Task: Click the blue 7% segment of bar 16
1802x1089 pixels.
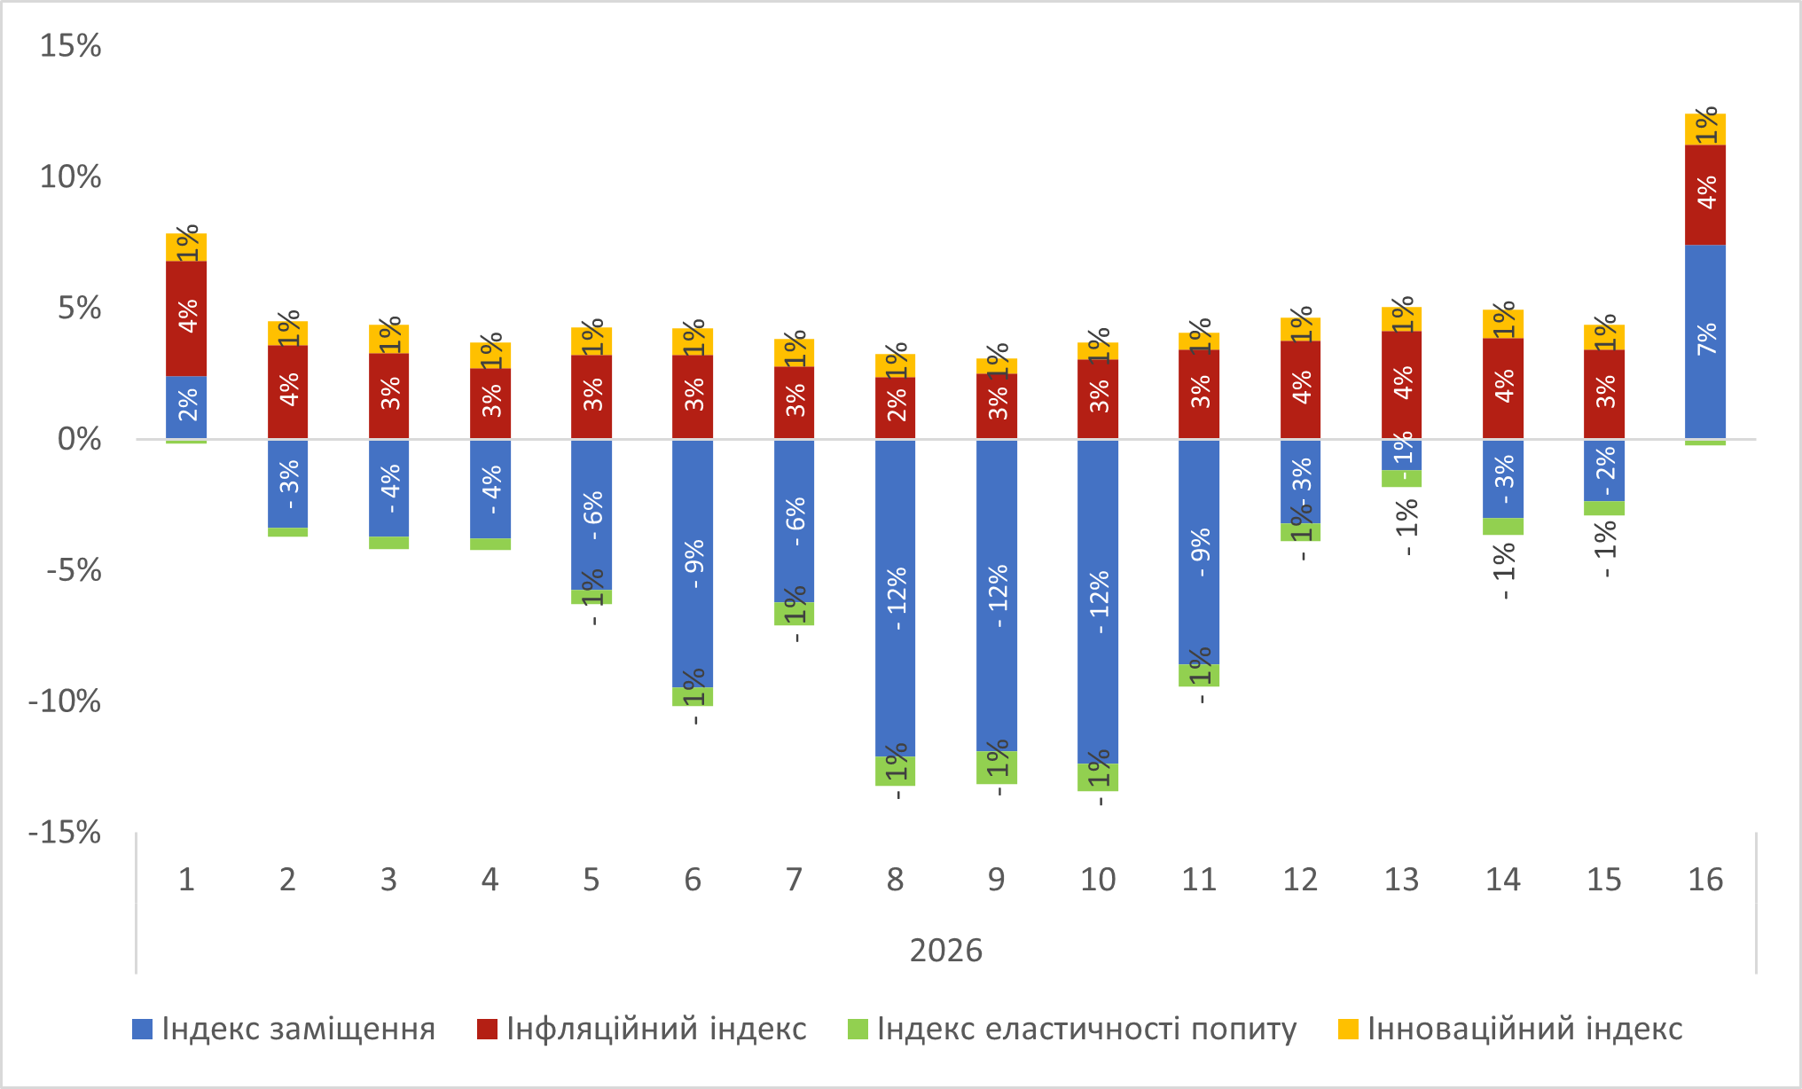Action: (1704, 341)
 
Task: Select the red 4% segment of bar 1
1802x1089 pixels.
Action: (186, 318)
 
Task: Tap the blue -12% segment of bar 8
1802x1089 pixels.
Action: (895, 598)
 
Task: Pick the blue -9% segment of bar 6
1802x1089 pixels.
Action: (693, 563)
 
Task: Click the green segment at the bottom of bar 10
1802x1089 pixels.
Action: (1098, 777)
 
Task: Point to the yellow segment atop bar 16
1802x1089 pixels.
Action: (1704, 129)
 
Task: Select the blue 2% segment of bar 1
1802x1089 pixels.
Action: (186, 407)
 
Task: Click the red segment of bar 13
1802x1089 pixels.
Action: (1401, 385)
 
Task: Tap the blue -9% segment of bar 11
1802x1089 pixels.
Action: (1199, 552)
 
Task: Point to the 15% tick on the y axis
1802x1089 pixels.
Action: (70, 45)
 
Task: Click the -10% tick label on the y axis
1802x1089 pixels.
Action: (65, 701)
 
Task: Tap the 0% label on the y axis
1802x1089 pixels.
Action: (79, 439)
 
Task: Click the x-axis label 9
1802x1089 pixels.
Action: (996, 880)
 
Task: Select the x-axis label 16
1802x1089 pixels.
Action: (1704, 880)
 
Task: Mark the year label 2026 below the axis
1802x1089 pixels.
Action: (946, 951)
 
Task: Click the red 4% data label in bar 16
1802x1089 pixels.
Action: (1706, 192)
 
